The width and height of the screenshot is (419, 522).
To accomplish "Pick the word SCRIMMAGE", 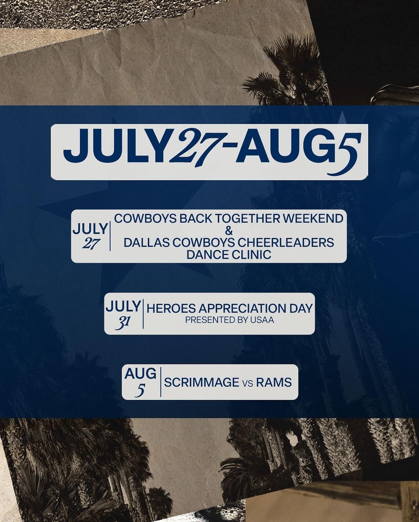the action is point(202,382).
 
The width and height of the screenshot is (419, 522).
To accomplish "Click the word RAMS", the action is point(274,382).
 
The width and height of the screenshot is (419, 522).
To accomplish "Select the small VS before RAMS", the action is point(248,384).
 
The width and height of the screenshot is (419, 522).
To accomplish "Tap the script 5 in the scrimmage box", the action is point(140,391).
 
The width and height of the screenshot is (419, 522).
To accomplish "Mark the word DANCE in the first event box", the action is point(203,255).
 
